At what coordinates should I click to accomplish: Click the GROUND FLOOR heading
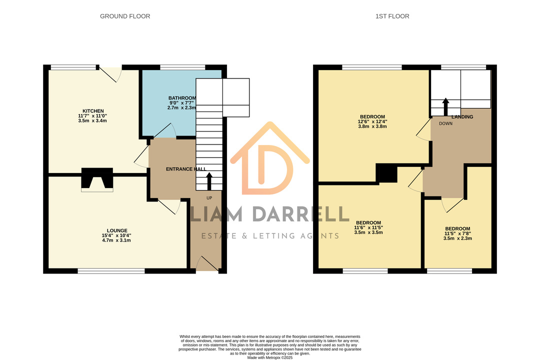125,16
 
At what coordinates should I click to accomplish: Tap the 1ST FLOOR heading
392,16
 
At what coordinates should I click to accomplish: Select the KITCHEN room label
93,111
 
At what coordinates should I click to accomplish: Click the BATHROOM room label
182,98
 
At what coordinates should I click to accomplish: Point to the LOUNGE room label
117,230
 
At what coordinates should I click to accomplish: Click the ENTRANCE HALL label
186,169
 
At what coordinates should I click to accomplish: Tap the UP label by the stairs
209,198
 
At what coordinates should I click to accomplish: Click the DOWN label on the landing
445,123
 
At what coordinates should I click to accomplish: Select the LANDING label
462,117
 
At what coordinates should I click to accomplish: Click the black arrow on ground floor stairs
209,181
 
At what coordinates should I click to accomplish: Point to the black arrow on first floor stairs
445,107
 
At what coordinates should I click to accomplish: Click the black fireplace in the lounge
97,178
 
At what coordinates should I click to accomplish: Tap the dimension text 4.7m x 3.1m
116,240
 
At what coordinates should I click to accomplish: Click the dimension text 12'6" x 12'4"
372,121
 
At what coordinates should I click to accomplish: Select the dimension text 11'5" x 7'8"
457,233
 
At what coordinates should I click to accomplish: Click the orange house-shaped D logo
269,159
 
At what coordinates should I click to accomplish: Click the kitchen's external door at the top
110,73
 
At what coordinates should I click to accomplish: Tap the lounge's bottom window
111,271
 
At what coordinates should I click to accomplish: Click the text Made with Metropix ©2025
270,357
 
